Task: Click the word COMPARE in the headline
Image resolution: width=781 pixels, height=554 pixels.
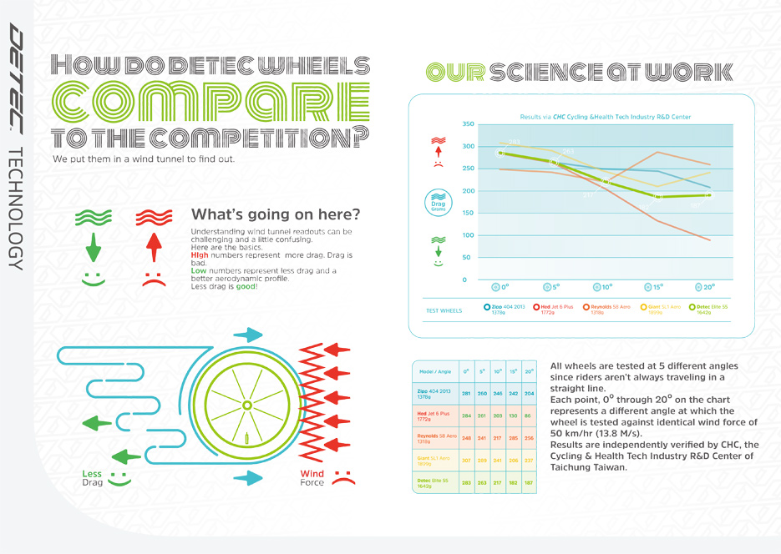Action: click(210, 102)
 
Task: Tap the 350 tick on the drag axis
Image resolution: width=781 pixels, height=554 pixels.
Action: click(467, 124)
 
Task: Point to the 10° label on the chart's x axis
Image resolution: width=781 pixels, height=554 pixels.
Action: click(603, 286)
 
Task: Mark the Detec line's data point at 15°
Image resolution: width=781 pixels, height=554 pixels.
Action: click(657, 197)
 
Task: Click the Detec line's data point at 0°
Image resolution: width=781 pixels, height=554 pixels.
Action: click(501, 154)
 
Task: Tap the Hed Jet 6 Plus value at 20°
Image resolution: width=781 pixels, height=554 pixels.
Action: click(528, 415)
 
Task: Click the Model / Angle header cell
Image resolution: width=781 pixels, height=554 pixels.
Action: click(435, 371)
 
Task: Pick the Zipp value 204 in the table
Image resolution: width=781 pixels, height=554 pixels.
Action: click(528, 393)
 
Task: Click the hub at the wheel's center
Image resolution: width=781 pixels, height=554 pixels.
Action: click(246, 405)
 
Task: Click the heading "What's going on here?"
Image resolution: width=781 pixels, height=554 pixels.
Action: click(276, 214)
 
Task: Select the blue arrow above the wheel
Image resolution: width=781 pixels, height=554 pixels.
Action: click(248, 335)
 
